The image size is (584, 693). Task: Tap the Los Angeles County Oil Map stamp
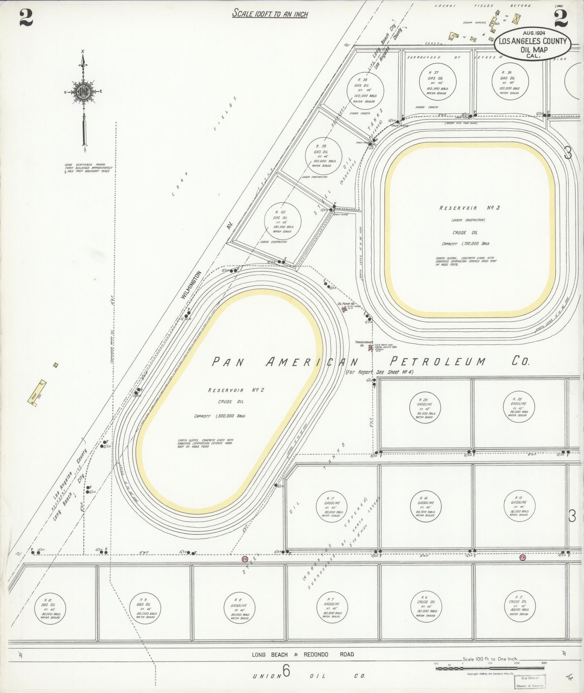533,43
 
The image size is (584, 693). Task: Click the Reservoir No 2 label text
236,390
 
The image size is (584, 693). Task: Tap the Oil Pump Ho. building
344,310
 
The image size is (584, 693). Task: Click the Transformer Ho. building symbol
370,348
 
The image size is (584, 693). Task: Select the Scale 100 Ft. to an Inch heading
270,14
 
